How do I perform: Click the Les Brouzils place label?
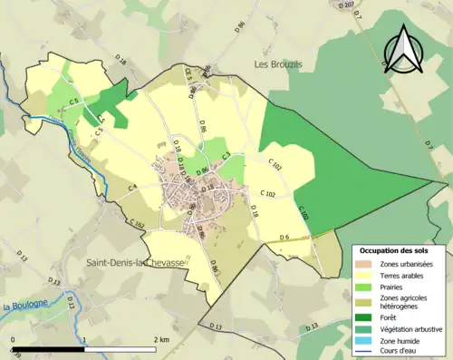pos(277,65)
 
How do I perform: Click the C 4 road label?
pos(132,187)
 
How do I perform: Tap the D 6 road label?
pos(284,238)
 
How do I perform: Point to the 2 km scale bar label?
pos(162,340)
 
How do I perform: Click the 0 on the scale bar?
pos(13,340)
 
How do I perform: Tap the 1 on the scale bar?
pos(84,340)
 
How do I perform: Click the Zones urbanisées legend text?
pos(406,263)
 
